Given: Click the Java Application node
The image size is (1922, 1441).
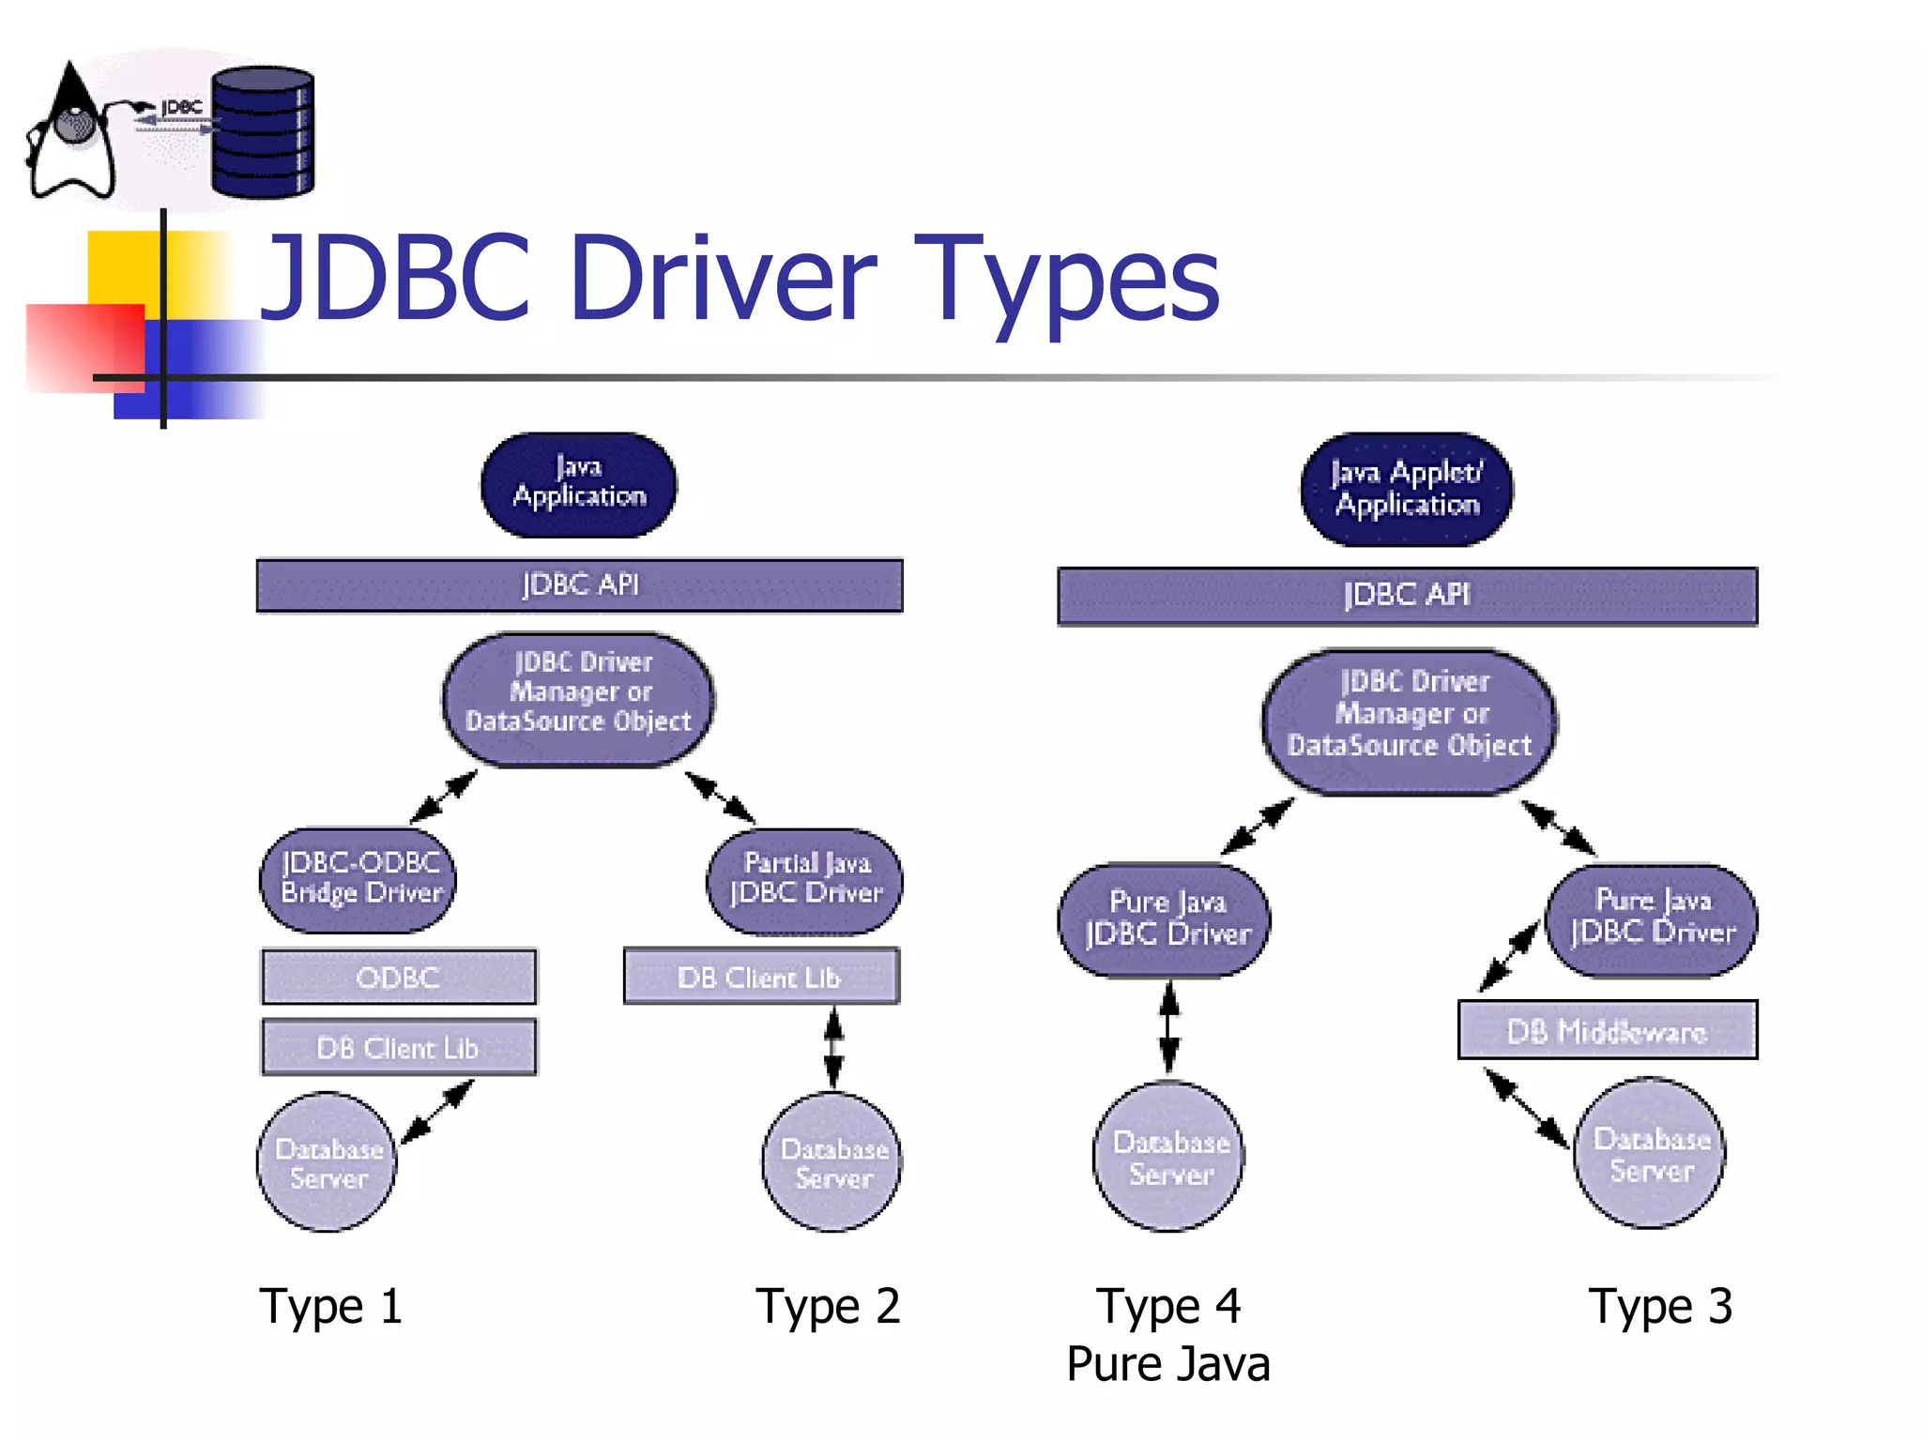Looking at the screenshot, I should pos(578,484).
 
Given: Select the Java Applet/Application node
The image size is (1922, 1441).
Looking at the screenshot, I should pos(1406,489).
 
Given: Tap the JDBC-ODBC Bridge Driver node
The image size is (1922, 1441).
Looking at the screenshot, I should pos(358,879).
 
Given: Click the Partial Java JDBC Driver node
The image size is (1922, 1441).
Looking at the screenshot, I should pos(804,880).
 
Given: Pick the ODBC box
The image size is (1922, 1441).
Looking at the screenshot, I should pos(399,977).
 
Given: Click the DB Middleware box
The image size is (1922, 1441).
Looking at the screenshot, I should pos(1607,1030).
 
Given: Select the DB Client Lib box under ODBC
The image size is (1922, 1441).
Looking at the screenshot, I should pos(399,1047).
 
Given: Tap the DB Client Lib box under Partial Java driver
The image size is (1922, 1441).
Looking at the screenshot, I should pos(761,977).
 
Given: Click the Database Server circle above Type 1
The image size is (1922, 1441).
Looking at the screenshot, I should pos(328,1161).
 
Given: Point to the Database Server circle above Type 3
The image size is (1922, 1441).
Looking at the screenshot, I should pos(1650,1154).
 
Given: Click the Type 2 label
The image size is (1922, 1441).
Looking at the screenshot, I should pos(828,1306).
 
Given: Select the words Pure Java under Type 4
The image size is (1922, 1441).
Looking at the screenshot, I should pos(1167,1364).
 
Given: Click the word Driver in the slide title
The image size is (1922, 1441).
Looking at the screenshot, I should pos(723,279).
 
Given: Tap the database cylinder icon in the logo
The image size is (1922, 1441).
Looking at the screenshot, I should pos(263,132).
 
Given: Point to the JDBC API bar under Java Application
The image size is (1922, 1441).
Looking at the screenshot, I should pos(579,585).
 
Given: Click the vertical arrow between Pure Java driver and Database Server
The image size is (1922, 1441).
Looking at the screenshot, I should pos(1168,1027).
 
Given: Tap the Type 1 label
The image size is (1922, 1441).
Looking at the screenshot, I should pos(331,1306).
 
